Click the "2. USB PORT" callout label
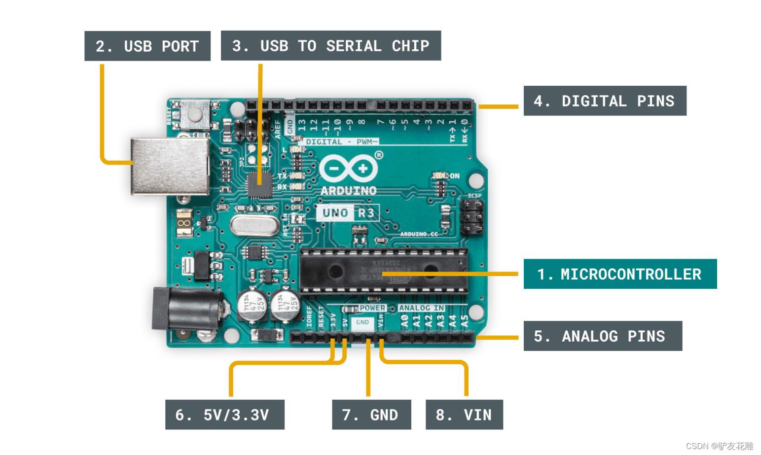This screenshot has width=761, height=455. pos(147,46)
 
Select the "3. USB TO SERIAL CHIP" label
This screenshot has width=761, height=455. pos(330,46)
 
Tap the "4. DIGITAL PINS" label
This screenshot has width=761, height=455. pos(604,101)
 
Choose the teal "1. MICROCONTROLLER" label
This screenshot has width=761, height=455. pos(619,274)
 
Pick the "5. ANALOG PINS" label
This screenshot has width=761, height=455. pos(602,336)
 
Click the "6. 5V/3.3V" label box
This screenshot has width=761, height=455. pos(224,415)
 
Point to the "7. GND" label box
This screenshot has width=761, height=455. pos(371,415)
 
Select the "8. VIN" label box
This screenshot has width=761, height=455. pos(464,415)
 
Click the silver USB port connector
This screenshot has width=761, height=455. pos(169,166)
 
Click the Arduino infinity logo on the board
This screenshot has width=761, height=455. pos(349,169)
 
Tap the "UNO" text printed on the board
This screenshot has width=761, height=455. pos(335,213)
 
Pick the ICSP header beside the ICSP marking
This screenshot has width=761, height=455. pos(472,217)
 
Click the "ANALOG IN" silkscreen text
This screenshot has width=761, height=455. pos(421,308)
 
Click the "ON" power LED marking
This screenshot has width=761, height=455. pos(454,175)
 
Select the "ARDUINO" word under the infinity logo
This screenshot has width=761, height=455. pos(348,191)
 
